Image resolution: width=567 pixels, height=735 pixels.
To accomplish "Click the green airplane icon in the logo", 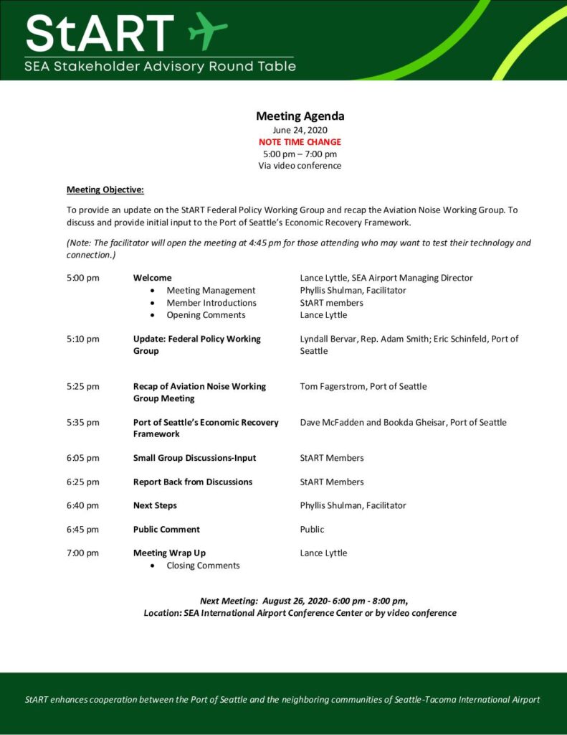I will click(208, 30).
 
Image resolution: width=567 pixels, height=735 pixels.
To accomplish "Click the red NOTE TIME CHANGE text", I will click(300, 142).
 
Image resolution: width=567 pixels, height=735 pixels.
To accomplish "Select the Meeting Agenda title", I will click(300, 116).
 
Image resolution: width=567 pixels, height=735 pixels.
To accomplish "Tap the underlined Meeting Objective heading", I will click(105, 190).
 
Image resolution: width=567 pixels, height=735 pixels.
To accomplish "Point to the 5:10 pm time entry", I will click(82, 339).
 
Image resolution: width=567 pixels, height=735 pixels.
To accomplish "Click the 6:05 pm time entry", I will click(82, 458).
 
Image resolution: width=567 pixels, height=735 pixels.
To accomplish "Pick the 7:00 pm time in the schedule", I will click(82, 553).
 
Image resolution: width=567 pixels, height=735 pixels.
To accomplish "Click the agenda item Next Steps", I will click(155, 505).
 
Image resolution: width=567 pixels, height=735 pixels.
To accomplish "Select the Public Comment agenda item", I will click(166, 530).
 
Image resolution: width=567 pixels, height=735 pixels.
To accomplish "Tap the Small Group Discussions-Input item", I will click(194, 458).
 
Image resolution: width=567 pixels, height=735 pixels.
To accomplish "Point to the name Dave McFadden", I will click(332, 423).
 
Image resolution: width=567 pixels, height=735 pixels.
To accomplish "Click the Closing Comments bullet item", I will click(203, 566).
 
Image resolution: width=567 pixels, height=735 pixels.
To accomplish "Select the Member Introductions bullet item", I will click(211, 303).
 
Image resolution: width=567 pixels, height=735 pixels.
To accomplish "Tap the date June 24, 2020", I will click(300, 130).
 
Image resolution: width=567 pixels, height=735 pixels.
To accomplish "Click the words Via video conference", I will click(300, 166).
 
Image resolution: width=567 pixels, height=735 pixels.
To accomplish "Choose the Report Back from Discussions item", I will click(193, 482).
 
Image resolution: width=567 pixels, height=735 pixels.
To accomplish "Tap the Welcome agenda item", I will click(153, 278).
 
